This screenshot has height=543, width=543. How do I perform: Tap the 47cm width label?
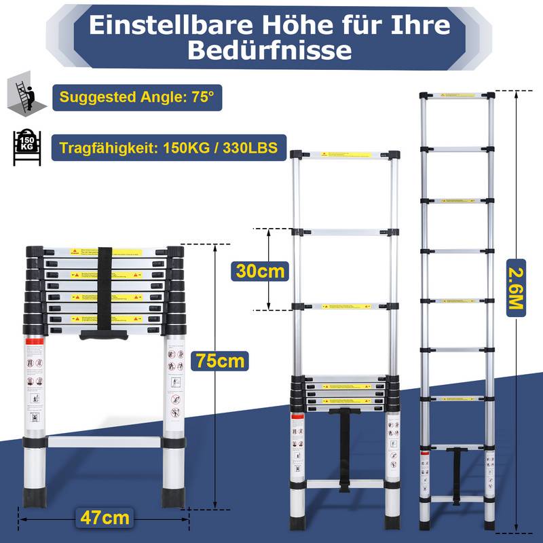104,519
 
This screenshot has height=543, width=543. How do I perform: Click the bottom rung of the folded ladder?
105,442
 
